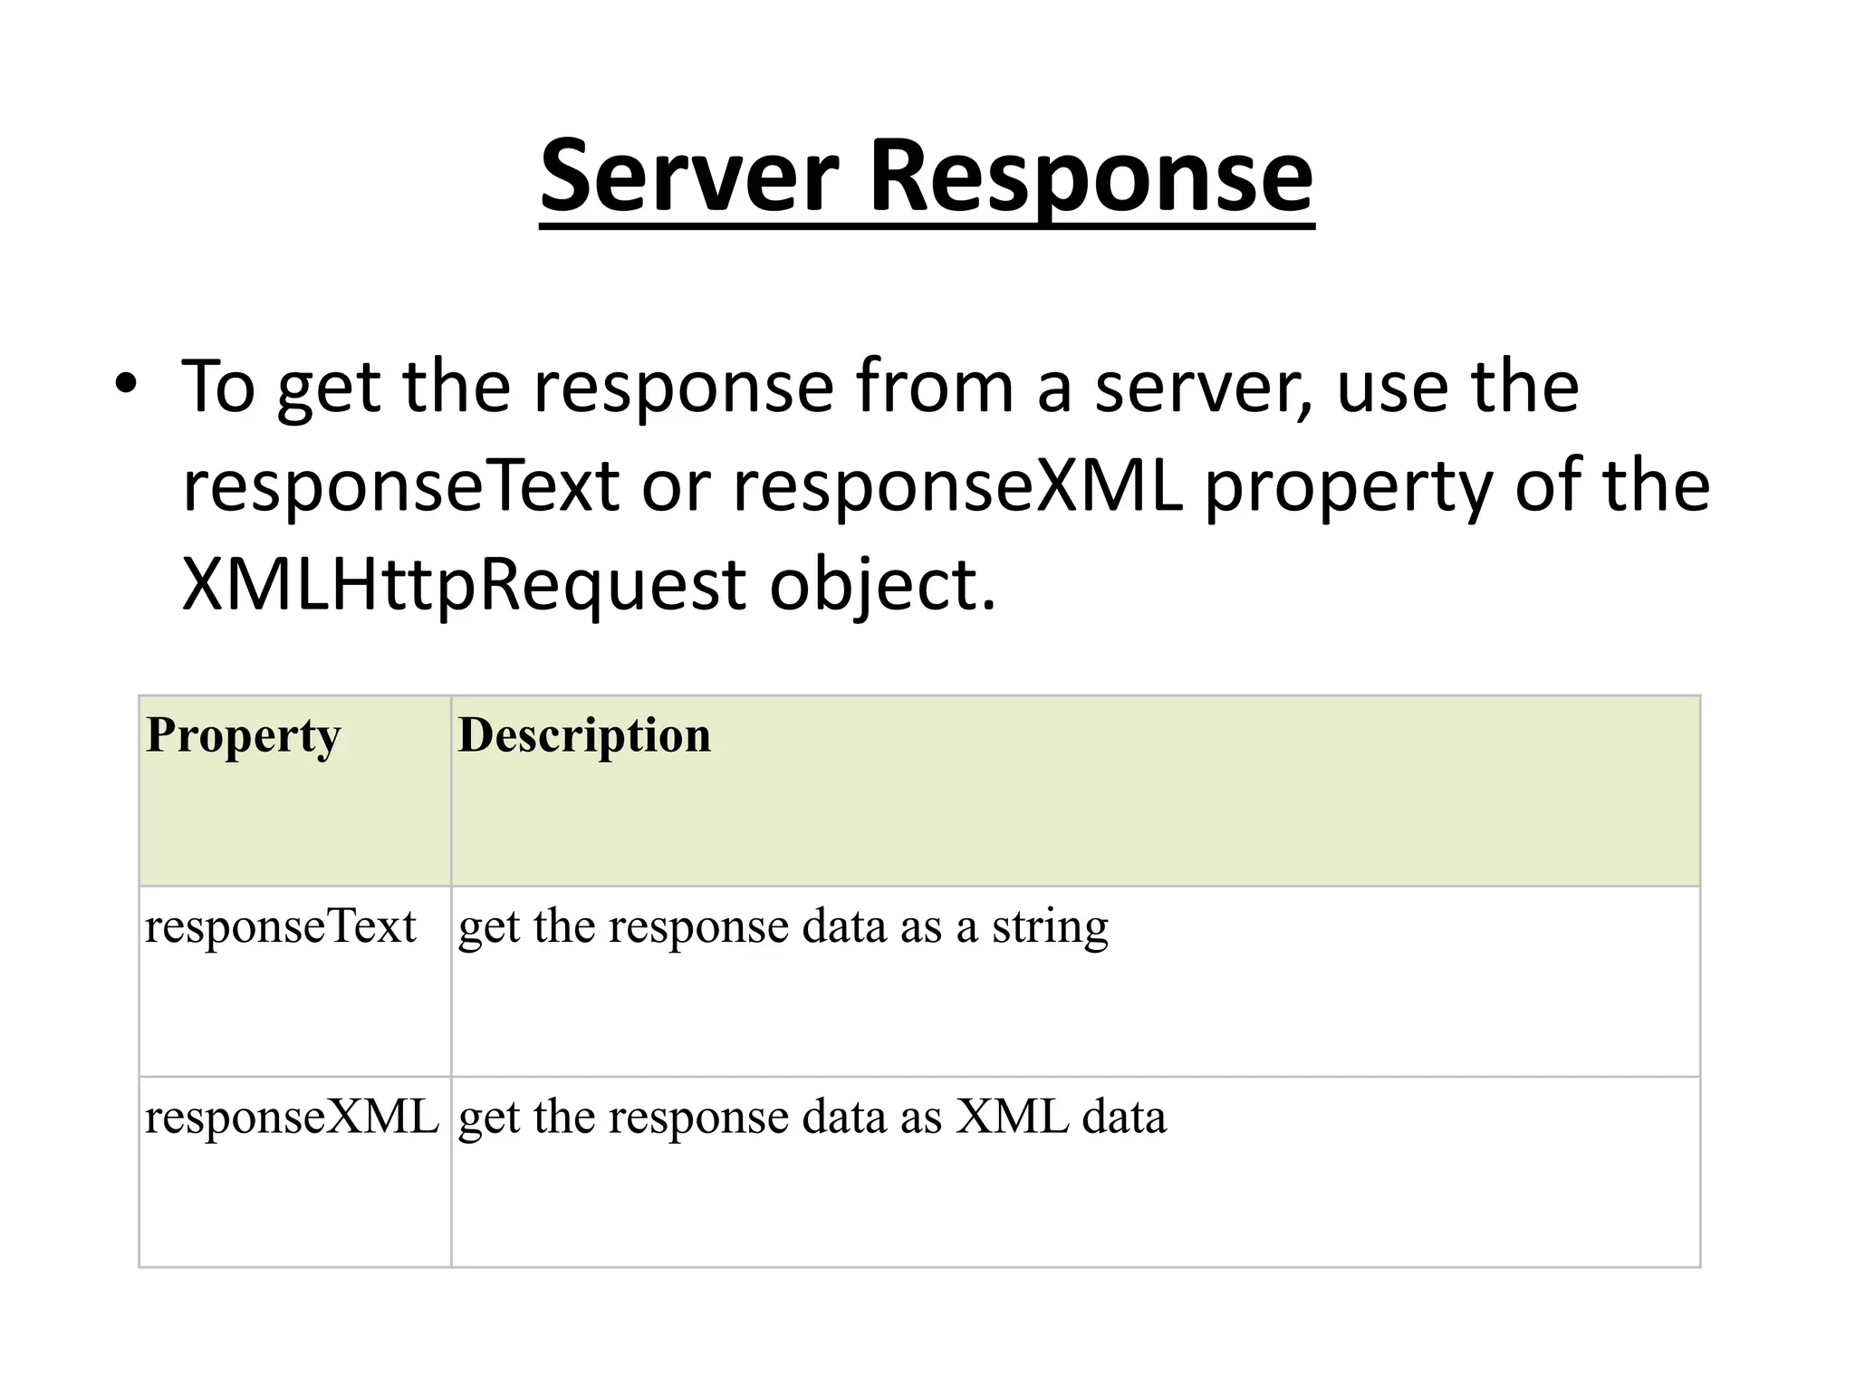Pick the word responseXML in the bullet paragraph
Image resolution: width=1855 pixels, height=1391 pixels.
pyautogui.click(x=957, y=486)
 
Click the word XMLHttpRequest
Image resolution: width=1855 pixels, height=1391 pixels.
pyautogui.click(x=463, y=586)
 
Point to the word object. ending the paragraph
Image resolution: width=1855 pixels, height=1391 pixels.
pyautogui.click(x=882, y=586)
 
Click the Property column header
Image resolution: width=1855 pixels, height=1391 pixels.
pyautogui.click(x=243, y=734)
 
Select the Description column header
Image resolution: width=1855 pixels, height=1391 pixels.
pyautogui.click(x=584, y=734)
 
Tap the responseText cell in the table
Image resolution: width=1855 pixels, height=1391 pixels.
pyautogui.click(x=280, y=927)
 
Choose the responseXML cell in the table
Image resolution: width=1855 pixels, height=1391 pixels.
pyautogui.click(x=292, y=1118)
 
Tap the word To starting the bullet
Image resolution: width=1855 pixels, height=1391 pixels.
pyautogui.click(x=218, y=388)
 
